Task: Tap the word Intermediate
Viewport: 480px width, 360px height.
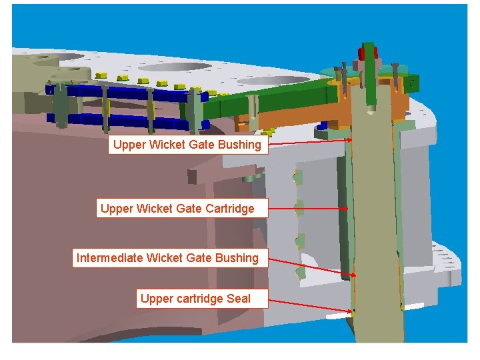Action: (110, 258)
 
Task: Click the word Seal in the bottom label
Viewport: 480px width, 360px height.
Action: (239, 299)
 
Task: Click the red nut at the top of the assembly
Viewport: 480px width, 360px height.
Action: (367, 52)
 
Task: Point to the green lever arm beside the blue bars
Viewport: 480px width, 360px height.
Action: (267, 100)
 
